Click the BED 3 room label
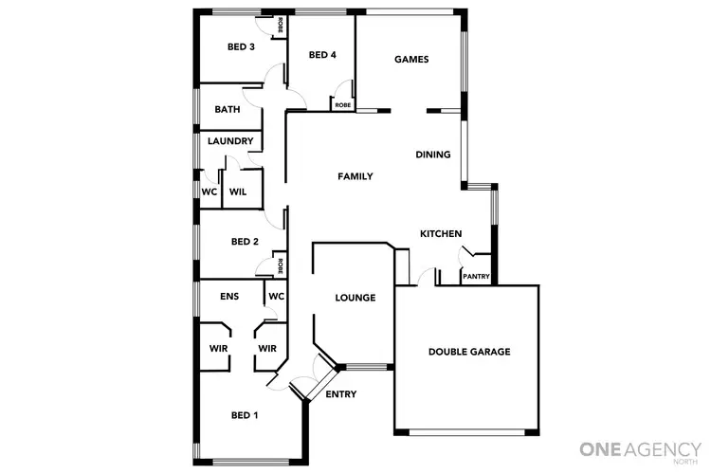point(241,47)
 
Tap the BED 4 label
point(322,55)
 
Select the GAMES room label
point(411,60)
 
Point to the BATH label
point(227,109)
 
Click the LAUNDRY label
point(230,142)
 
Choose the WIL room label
point(238,191)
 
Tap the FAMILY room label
point(355,176)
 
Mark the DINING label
point(433,155)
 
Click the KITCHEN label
point(441,233)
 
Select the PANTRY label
point(475,277)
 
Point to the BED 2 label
point(245,242)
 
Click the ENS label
point(229,297)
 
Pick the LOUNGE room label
point(355,298)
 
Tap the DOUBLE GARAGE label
point(469,352)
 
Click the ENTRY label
point(340,394)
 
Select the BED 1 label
point(245,414)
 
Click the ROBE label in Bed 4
point(342,105)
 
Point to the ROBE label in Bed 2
point(281,264)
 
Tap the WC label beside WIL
point(210,191)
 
